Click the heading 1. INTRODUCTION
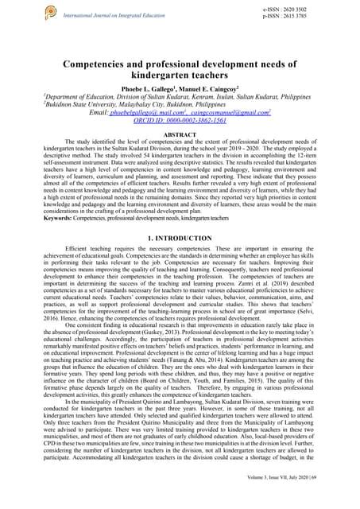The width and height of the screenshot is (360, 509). (180, 237)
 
